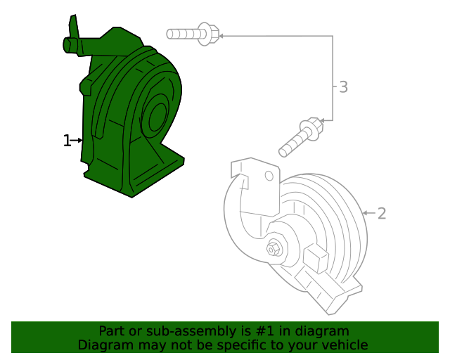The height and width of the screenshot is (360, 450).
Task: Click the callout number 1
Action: click(x=67, y=141)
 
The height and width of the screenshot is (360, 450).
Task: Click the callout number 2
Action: click(x=382, y=213)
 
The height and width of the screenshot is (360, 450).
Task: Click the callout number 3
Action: click(x=343, y=87)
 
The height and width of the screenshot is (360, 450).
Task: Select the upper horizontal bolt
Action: click(x=191, y=32)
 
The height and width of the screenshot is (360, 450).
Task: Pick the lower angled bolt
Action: click(x=300, y=138)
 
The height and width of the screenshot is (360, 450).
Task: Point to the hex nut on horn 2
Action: click(x=273, y=248)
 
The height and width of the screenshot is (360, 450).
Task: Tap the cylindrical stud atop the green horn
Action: click(x=72, y=44)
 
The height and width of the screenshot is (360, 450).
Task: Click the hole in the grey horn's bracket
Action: click(x=268, y=176)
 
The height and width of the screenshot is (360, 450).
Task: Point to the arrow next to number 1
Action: click(x=77, y=141)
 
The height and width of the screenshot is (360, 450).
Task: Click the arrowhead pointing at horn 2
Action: click(x=366, y=212)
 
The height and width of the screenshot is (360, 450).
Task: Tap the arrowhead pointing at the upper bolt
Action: click(x=220, y=33)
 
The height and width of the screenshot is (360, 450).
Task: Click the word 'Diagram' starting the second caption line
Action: click(x=102, y=345)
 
